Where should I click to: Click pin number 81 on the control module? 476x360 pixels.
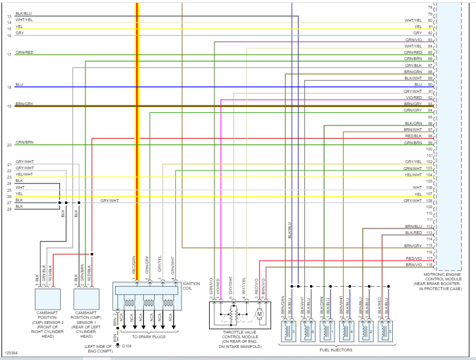point(430,27)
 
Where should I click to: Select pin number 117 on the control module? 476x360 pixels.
point(430,258)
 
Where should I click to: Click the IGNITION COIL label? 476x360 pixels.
point(191,286)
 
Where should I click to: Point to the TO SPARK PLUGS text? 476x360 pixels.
point(148,337)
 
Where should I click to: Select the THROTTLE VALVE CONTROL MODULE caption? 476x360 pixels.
point(240,338)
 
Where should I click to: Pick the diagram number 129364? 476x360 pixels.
point(11,353)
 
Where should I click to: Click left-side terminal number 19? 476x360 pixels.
point(9,106)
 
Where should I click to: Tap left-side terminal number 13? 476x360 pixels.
point(9,16)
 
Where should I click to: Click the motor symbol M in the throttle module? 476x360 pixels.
point(259,314)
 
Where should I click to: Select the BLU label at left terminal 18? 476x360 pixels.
point(19,85)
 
